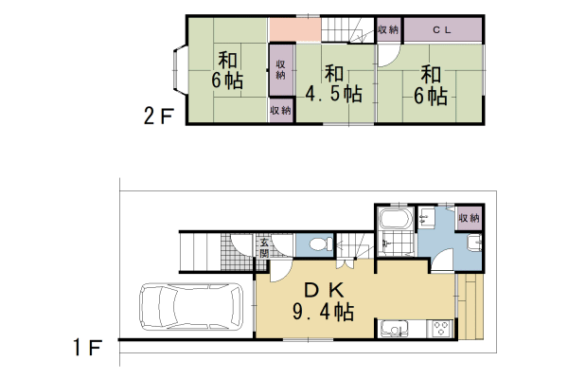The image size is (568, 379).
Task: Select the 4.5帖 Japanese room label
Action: [x=334, y=83]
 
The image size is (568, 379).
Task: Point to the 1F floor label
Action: [x=87, y=349]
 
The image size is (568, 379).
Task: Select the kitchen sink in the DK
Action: [x=392, y=330]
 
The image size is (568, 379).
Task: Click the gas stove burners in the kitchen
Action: [x=440, y=330]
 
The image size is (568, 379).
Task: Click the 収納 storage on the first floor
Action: [x=470, y=218]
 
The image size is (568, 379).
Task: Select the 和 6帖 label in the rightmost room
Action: [x=432, y=83]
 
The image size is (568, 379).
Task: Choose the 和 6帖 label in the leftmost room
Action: [x=228, y=68]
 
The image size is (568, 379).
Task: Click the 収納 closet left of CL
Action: [x=388, y=29]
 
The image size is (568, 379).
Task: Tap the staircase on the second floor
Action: [x=348, y=30]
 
